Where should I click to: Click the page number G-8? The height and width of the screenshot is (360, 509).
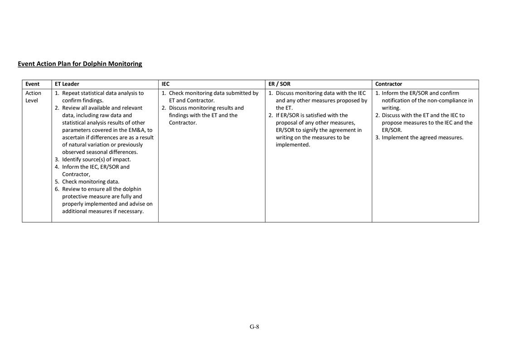[x=254, y=327]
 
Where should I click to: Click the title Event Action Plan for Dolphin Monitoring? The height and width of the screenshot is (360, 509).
[x=80, y=64]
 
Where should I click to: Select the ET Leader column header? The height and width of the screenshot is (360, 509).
[x=67, y=84]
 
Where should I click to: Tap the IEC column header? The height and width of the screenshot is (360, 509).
[x=165, y=84]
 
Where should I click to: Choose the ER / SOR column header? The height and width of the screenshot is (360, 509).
[x=279, y=84]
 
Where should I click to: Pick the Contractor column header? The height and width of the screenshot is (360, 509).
[x=388, y=84]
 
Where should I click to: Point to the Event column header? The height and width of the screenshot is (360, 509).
[x=32, y=84]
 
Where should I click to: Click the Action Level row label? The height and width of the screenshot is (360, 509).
[x=33, y=97]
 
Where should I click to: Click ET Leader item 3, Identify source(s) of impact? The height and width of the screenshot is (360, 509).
[x=96, y=160]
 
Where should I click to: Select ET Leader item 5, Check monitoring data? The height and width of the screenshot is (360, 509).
[x=91, y=182]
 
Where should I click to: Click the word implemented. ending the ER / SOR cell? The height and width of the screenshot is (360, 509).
[x=293, y=145]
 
